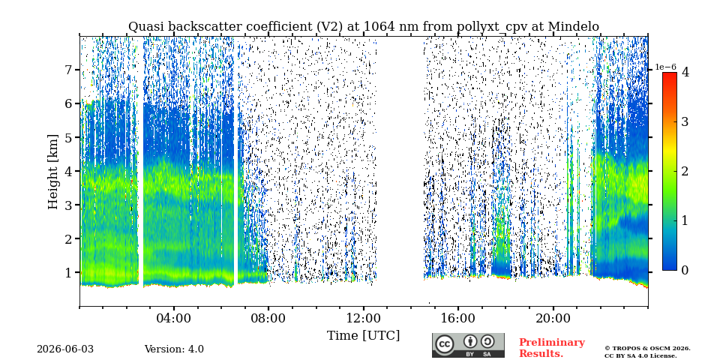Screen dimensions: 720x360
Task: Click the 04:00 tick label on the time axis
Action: pos(174,319)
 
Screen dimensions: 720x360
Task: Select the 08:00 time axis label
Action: pos(268,319)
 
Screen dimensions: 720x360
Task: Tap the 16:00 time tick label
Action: pos(458,319)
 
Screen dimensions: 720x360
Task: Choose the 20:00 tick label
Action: pos(553,319)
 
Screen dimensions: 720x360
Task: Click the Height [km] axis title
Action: pos(54,172)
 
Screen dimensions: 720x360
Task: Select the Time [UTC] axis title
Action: pos(363,336)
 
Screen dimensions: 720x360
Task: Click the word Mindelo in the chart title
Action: pos(574,27)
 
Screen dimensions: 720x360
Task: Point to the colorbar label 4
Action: pos(685,73)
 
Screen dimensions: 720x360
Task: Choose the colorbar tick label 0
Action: pos(685,270)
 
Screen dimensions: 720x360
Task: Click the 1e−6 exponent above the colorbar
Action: pos(666,67)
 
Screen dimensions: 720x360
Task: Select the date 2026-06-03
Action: pos(65,349)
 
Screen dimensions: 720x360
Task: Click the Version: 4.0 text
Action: pos(174,349)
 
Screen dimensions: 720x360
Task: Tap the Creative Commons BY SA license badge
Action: pos(468,345)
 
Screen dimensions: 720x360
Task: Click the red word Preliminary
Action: pos(552,343)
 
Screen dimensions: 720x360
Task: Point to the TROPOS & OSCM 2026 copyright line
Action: pos(647,349)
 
